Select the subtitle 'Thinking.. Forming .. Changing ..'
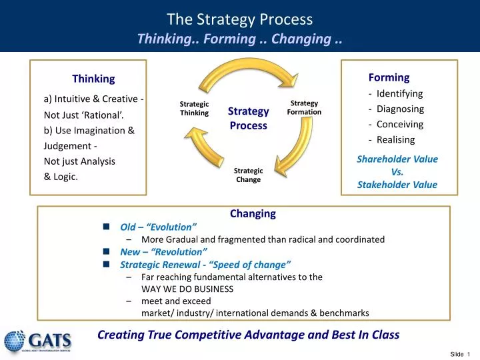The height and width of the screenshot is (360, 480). (239, 39)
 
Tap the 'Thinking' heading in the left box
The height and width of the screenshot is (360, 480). (93, 79)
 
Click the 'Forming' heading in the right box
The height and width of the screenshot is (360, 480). (389, 77)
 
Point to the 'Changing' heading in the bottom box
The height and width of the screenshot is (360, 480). (253, 214)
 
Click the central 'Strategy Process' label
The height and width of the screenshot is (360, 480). (248, 118)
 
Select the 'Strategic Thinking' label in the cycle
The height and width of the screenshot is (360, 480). (194, 109)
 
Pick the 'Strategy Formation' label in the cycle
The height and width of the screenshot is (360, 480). (304, 108)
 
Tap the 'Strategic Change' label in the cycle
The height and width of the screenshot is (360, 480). (248, 175)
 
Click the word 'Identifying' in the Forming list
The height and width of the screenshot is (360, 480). (399, 93)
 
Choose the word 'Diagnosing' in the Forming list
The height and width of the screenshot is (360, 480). (400, 109)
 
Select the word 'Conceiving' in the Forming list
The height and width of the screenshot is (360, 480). (399, 124)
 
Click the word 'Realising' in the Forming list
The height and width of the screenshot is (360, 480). (395, 139)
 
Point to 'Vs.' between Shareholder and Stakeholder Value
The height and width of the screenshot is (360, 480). (397, 172)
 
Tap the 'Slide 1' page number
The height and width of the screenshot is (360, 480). (460, 353)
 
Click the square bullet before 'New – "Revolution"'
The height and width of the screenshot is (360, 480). (107, 252)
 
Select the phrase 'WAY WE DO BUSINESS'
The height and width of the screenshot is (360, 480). (187, 289)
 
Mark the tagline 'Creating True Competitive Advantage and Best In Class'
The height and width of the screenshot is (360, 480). (248, 335)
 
